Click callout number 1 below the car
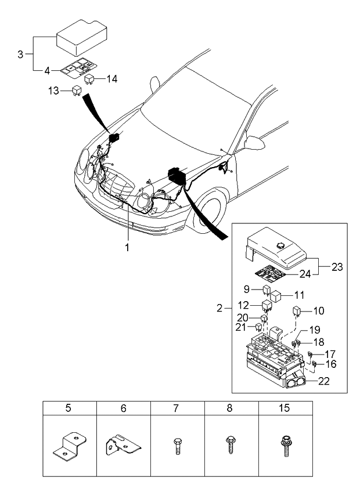tap(127, 248)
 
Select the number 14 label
tap(111, 79)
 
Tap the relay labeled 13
tap(75, 91)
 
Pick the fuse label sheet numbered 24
tap(270, 272)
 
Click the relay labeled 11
tap(276, 296)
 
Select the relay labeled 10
tap(297, 310)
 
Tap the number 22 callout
tap(323, 381)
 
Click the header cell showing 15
tap(285, 408)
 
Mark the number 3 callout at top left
tap(20, 55)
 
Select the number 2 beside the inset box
tap(219, 308)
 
